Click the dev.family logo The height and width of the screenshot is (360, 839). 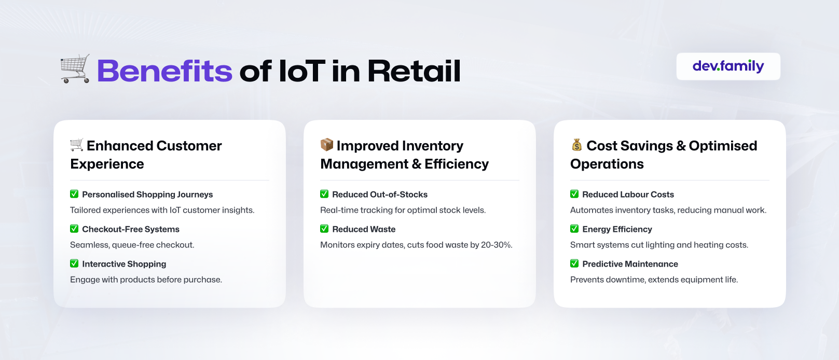(x=728, y=66)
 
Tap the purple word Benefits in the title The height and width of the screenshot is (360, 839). (x=164, y=71)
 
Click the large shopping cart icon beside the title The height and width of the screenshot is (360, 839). (x=75, y=68)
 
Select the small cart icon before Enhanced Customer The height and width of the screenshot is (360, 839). (x=77, y=145)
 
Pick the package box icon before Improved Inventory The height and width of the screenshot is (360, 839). (x=326, y=145)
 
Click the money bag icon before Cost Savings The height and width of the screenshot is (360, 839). (x=577, y=145)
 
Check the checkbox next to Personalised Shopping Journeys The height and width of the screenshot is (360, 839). (x=74, y=194)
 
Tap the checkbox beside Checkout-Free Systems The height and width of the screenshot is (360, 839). (x=74, y=229)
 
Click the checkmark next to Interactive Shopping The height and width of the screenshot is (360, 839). (x=74, y=264)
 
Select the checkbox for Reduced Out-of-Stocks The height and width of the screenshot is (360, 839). (x=324, y=194)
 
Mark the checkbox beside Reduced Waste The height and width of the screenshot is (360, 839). (x=324, y=229)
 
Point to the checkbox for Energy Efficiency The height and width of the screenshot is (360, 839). (x=574, y=229)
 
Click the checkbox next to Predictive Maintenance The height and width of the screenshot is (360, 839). (x=574, y=264)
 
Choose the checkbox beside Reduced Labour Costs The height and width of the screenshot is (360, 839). (x=574, y=194)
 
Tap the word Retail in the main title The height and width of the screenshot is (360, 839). (x=414, y=71)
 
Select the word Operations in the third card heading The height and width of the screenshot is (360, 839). (x=607, y=164)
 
